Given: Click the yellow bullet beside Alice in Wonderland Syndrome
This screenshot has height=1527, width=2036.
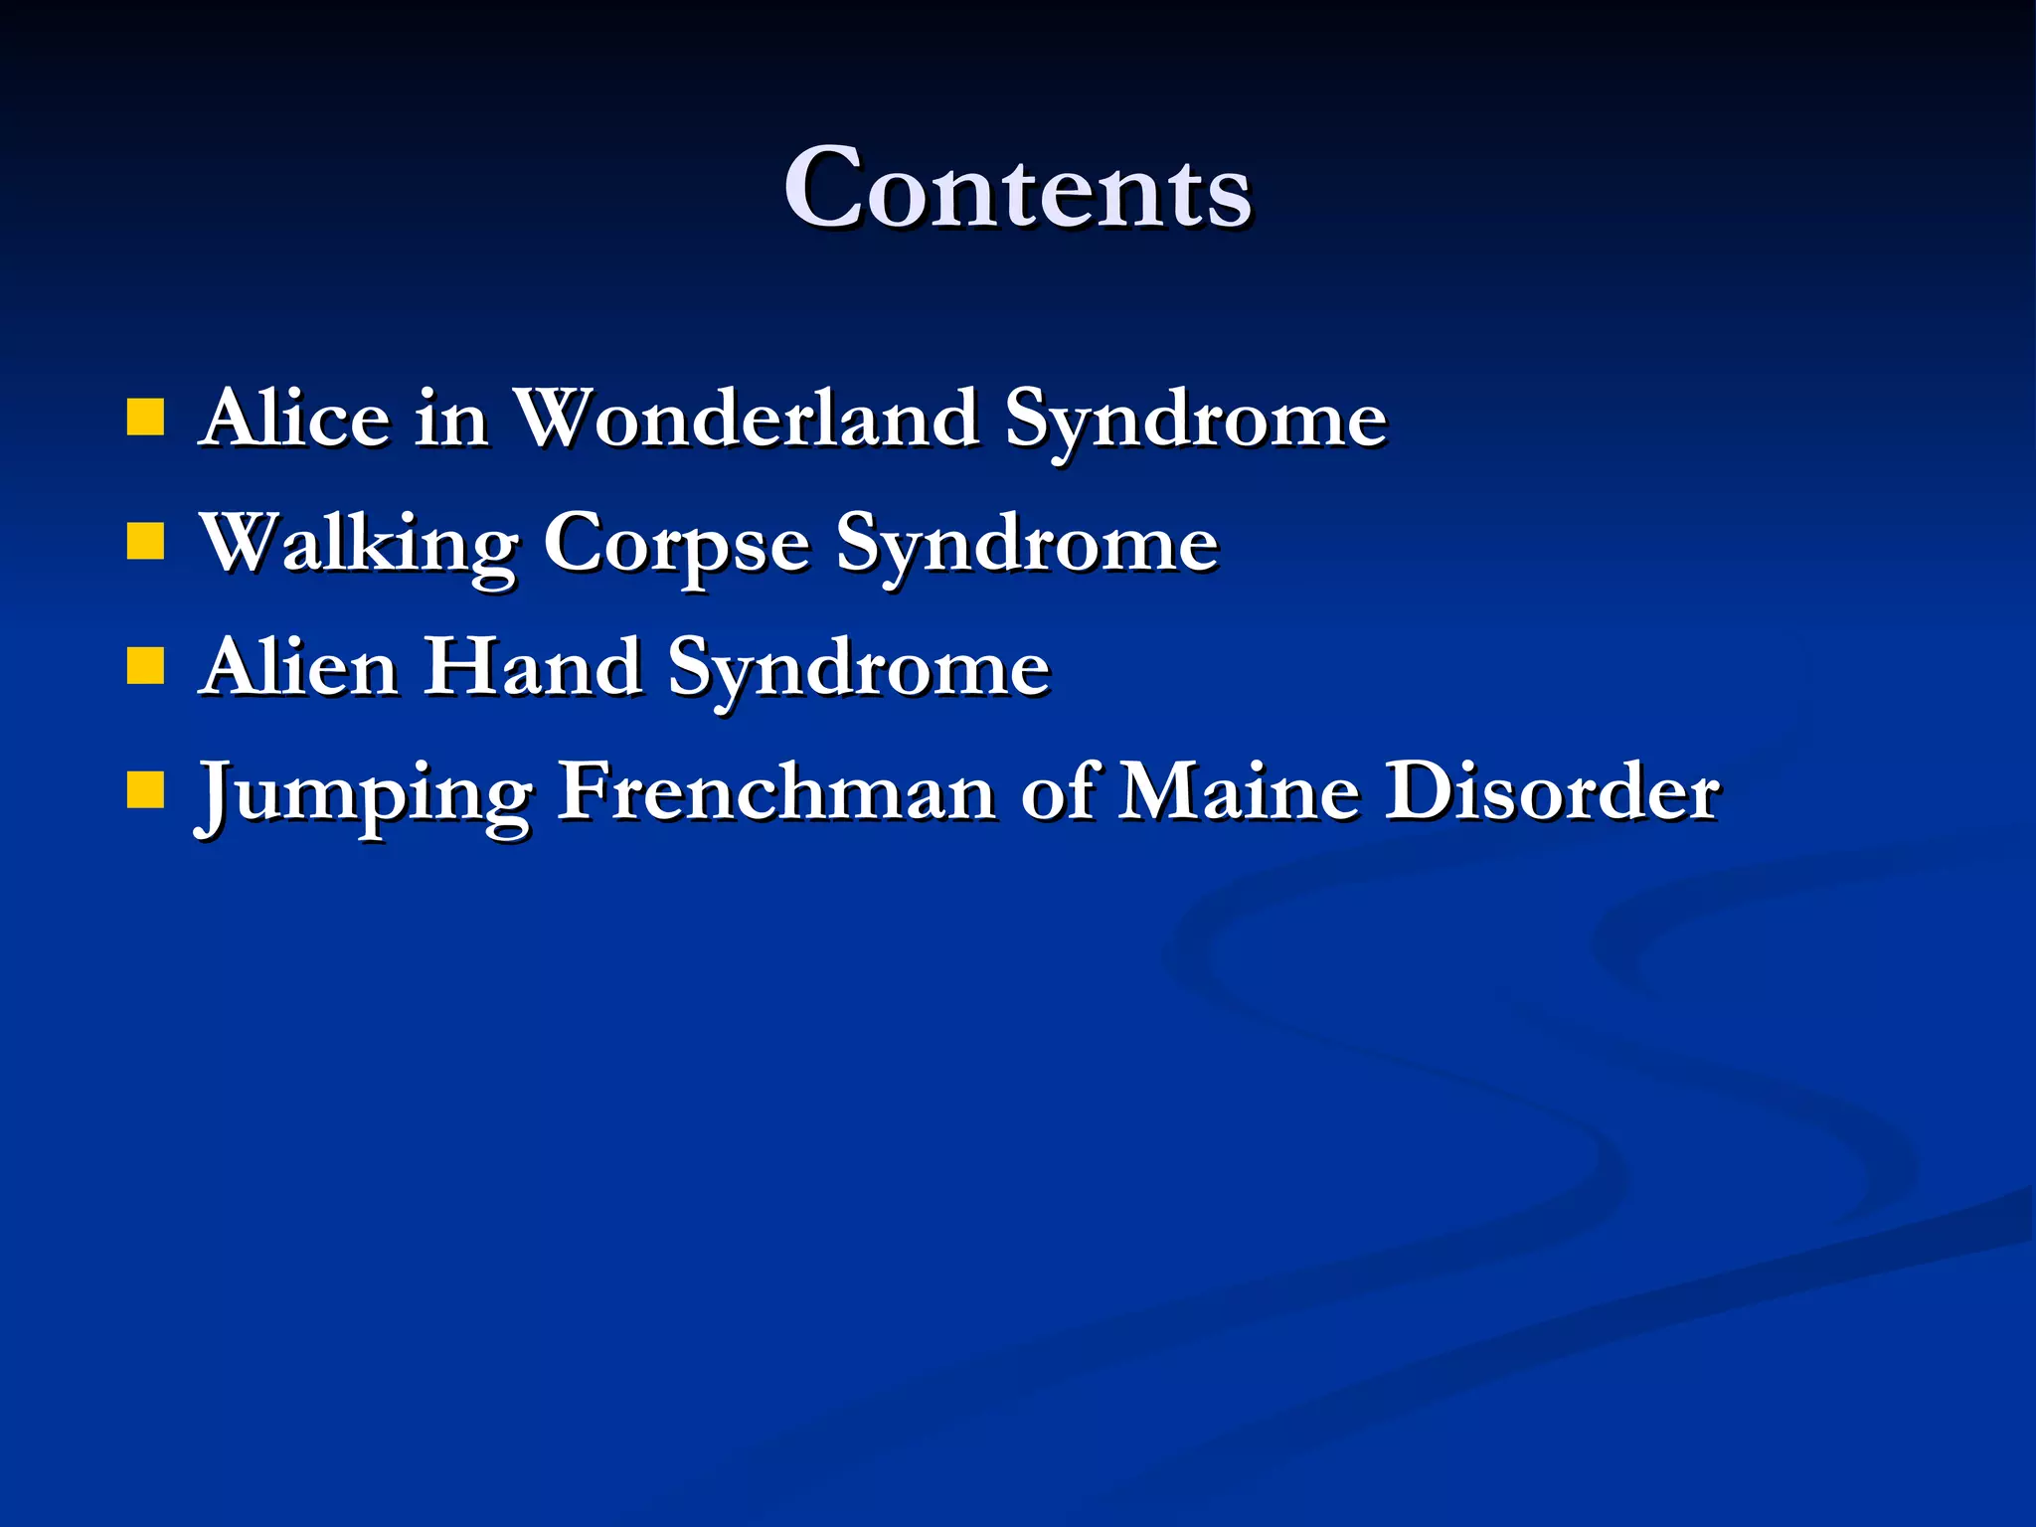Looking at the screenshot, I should (x=145, y=419).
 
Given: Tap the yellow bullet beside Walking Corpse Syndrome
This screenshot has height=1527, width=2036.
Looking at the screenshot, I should (x=145, y=543).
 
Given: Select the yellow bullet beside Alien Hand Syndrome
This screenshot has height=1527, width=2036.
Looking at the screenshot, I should (x=145, y=667).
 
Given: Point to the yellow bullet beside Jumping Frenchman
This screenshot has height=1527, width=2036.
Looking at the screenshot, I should (x=145, y=791).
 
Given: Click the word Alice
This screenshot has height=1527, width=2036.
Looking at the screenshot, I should (x=294, y=419).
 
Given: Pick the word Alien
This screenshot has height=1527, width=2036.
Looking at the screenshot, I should (x=300, y=667).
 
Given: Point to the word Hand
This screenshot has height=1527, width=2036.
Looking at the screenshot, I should (x=534, y=667).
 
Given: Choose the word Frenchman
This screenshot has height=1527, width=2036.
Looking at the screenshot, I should (x=776, y=791).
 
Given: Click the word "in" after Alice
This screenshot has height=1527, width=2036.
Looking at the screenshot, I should (x=451, y=419).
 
